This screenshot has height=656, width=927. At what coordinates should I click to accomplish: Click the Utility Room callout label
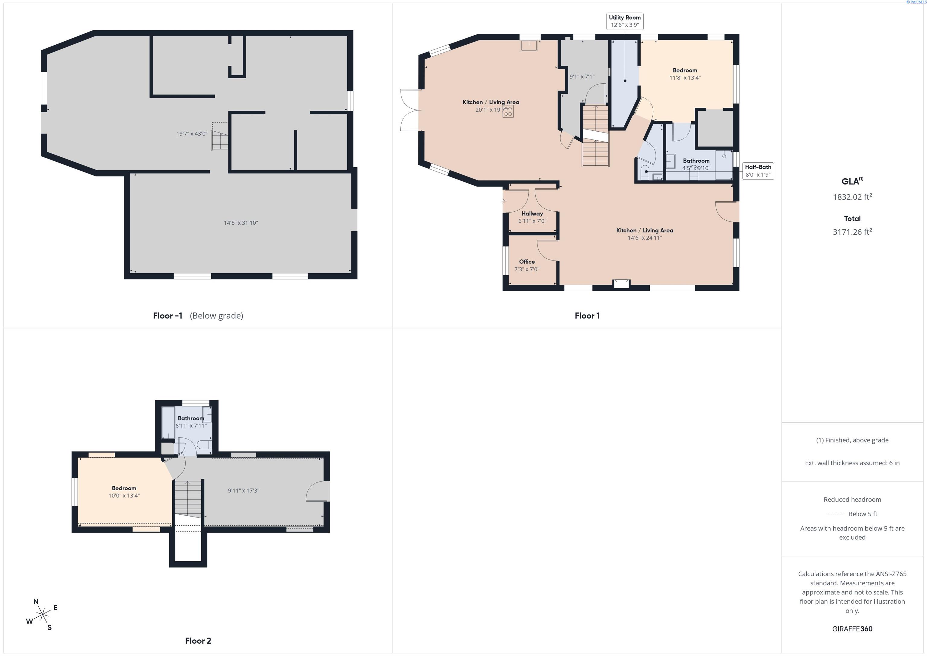(x=625, y=21)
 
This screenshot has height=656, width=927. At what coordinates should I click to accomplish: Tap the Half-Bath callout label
(x=758, y=171)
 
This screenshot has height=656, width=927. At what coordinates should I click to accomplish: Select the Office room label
(x=527, y=262)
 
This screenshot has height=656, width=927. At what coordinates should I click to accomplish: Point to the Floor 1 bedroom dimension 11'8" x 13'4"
(x=685, y=78)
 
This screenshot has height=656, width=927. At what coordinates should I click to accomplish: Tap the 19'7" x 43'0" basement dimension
(x=192, y=134)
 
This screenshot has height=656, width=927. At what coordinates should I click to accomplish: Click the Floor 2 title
(x=198, y=641)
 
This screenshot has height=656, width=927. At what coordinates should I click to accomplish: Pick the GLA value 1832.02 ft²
(x=852, y=197)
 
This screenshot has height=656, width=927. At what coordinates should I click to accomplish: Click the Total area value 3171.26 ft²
(x=852, y=232)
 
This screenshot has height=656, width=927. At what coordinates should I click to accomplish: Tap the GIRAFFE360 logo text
(x=852, y=629)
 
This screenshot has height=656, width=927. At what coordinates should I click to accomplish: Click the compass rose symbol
(x=42, y=615)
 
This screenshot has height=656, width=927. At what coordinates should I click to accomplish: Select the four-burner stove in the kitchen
(x=508, y=111)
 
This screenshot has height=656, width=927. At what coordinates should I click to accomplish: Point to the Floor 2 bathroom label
(x=191, y=418)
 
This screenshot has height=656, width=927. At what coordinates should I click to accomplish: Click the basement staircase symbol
(x=220, y=137)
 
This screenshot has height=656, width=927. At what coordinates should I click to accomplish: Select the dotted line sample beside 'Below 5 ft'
(x=835, y=514)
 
